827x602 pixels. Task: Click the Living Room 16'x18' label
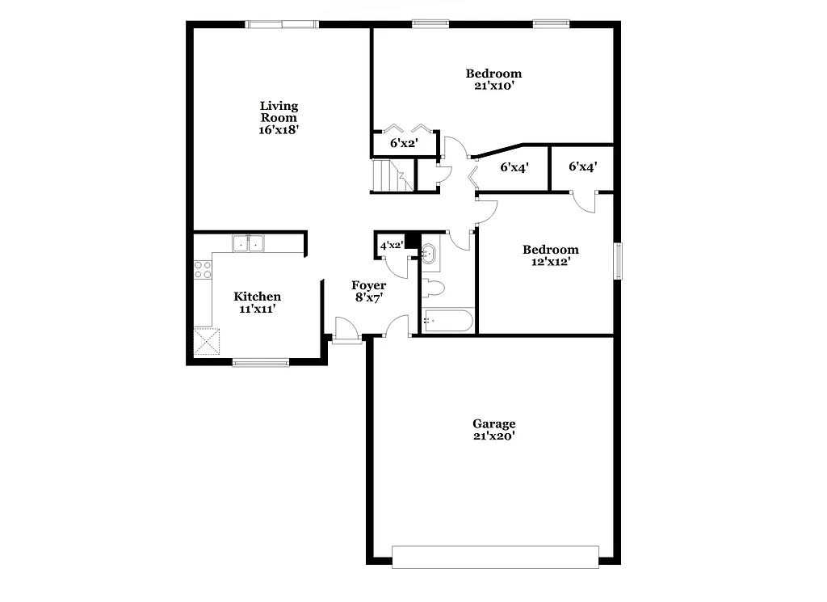pos(279,117)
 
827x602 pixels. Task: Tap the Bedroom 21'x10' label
pos(493,79)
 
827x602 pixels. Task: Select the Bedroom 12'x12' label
pos(550,255)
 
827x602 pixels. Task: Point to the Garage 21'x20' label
pos(493,429)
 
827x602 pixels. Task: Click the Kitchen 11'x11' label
pos(258,302)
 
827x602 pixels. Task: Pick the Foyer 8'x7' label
pos(368,291)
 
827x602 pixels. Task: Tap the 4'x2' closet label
pos(392,245)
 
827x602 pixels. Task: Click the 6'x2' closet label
pos(404,144)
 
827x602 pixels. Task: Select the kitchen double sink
pos(248,243)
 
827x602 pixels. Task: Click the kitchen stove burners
pos(202,269)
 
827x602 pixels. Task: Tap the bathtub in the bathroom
pos(447,321)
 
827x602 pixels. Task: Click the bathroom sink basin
pos(428,254)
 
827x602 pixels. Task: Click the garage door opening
pos(494,556)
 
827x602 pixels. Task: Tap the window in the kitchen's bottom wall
pos(260,362)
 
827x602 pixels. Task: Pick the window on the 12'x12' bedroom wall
pos(619,261)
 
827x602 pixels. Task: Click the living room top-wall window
pos(282,24)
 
